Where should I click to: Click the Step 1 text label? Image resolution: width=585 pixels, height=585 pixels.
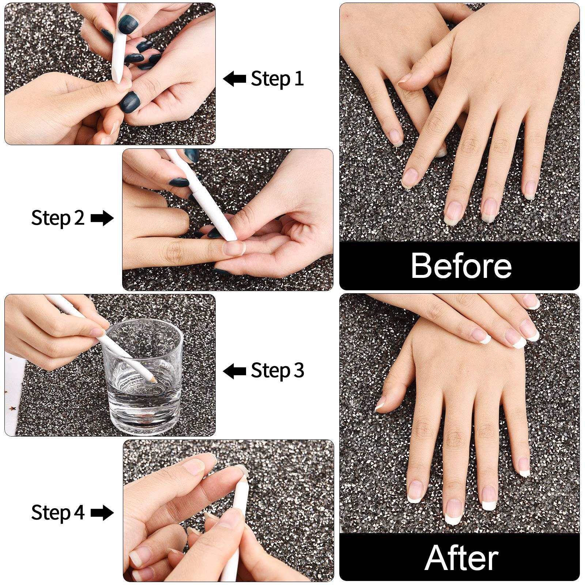(277, 79)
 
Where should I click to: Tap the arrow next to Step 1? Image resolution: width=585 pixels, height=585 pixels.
(234, 79)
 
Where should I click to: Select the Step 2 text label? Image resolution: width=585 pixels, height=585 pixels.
(58, 218)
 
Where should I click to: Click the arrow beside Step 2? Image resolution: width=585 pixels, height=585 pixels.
(102, 218)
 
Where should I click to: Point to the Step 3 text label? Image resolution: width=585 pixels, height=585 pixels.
(277, 371)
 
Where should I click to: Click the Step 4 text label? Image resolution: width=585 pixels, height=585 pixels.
(58, 513)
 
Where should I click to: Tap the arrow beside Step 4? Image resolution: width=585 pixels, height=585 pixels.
(102, 513)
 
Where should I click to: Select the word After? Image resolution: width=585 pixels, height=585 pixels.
(461, 558)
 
